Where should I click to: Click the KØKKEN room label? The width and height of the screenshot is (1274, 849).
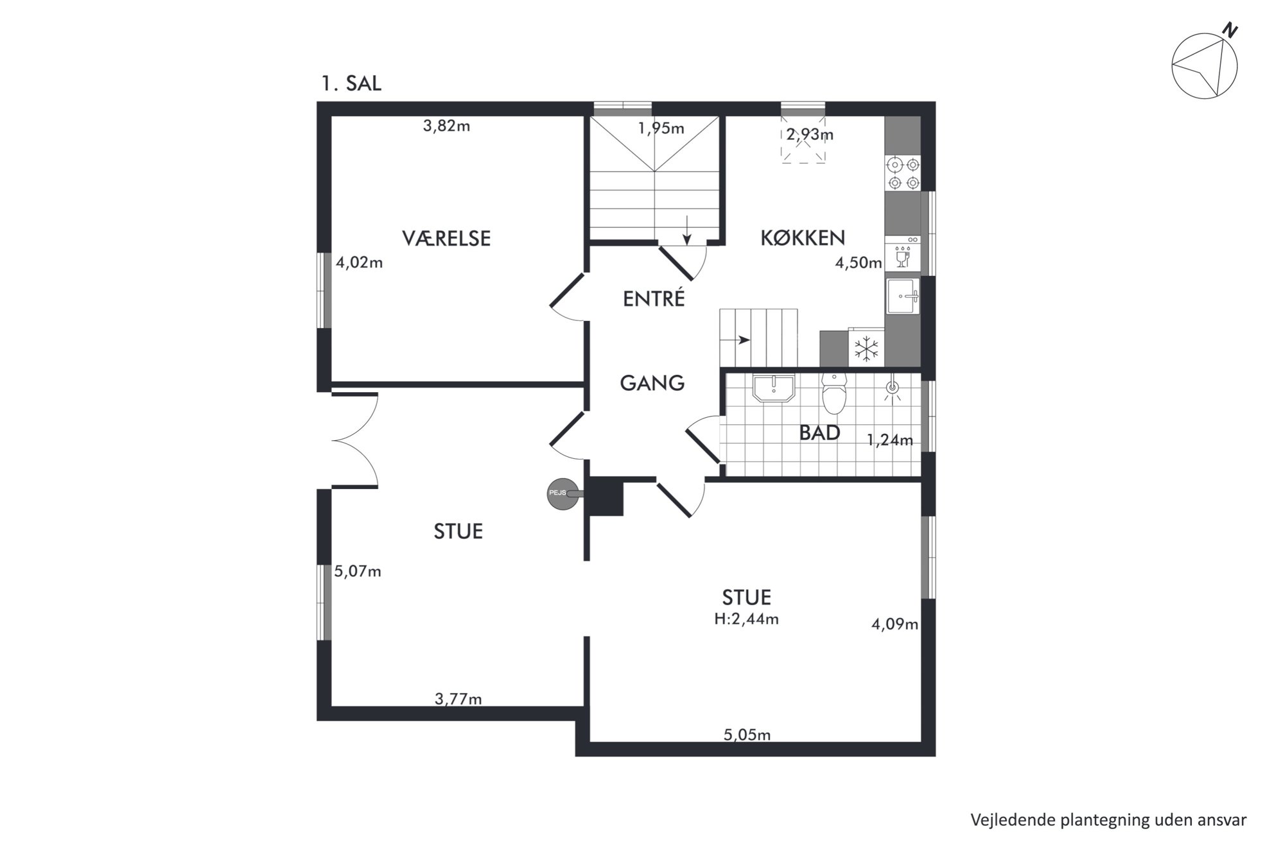pos(803,238)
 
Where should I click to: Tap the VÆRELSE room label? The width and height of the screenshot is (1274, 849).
pos(446,239)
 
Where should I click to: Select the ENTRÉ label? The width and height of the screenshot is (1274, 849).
pos(654,298)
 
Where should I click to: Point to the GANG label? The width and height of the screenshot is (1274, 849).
pos(652,383)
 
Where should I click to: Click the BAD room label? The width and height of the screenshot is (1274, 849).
pos(819,433)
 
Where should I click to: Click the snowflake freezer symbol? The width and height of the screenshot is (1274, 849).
pos(866,348)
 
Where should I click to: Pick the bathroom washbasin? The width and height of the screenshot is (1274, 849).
pos(774,388)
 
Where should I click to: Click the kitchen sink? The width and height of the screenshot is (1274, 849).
pos(902,296)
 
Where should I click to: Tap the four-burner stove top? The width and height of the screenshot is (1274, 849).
pos(902,173)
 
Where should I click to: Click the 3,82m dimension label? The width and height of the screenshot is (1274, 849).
pos(446,126)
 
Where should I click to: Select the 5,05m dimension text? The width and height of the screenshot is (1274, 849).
pos(747,735)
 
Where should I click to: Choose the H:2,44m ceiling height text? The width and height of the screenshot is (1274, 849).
pos(746,619)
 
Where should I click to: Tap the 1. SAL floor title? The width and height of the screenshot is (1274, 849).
pos(351,83)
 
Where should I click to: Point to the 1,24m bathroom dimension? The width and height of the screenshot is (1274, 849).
pos(889,440)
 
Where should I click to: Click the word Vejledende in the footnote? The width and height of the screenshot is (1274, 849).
pos(1007,820)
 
